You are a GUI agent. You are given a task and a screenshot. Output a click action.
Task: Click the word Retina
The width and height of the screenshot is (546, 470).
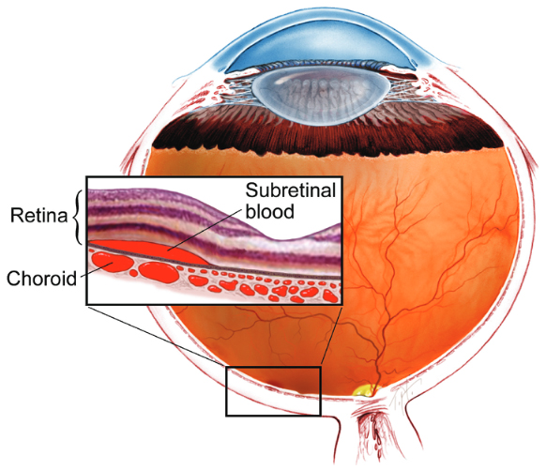click(38, 215)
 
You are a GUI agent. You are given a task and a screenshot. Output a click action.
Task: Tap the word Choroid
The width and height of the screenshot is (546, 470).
click(42, 279)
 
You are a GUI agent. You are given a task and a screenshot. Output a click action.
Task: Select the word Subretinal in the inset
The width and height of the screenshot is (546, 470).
click(291, 190)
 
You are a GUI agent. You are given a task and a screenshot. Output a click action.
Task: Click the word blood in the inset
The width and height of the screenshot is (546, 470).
click(270, 211)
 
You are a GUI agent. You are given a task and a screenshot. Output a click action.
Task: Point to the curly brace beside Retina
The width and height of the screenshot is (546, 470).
click(78, 217)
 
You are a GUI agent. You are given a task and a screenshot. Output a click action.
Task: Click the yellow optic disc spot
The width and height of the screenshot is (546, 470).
click(365, 390)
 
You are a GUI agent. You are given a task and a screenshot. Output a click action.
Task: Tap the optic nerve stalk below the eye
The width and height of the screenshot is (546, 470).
click(372, 432)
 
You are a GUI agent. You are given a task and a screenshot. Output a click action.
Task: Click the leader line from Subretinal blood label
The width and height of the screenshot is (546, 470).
click(205, 230)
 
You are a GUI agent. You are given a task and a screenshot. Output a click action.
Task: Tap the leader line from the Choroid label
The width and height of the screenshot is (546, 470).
click(96, 269)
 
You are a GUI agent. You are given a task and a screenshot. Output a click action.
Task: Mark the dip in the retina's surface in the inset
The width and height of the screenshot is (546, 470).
click(284, 239)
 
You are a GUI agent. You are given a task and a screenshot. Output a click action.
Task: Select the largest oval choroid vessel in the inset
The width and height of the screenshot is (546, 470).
click(159, 272)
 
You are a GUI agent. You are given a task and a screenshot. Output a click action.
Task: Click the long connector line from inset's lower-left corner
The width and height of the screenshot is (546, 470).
click(157, 336)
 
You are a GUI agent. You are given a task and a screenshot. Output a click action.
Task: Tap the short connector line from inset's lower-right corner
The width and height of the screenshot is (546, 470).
click(331, 336)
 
